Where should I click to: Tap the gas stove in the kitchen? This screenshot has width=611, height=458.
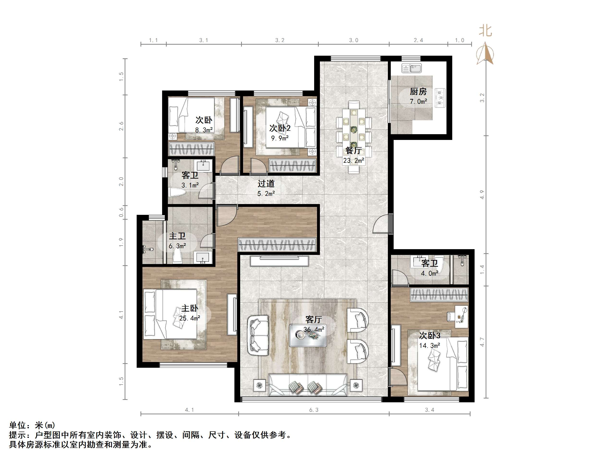click(x=440, y=97)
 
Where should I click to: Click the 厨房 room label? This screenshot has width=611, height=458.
click(x=418, y=91)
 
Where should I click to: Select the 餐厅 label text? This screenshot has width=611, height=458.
click(x=353, y=151)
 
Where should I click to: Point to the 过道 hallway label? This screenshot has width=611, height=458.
click(x=266, y=184)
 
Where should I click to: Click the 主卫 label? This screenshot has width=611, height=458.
click(x=177, y=236)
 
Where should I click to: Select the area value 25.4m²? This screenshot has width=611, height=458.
click(x=189, y=318)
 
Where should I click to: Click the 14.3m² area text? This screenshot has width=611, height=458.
click(x=429, y=345)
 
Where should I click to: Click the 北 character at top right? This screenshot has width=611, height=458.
click(x=485, y=31)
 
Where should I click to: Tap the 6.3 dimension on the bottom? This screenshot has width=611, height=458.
click(x=313, y=410)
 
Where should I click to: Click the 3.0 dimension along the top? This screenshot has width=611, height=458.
click(x=354, y=40)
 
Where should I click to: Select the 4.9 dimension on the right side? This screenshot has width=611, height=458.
click(x=482, y=195)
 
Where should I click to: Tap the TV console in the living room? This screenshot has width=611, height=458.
click(x=279, y=261)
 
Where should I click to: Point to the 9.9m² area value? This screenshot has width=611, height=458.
click(x=280, y=138)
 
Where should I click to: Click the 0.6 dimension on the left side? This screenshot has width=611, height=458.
click(x=121, y=212)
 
